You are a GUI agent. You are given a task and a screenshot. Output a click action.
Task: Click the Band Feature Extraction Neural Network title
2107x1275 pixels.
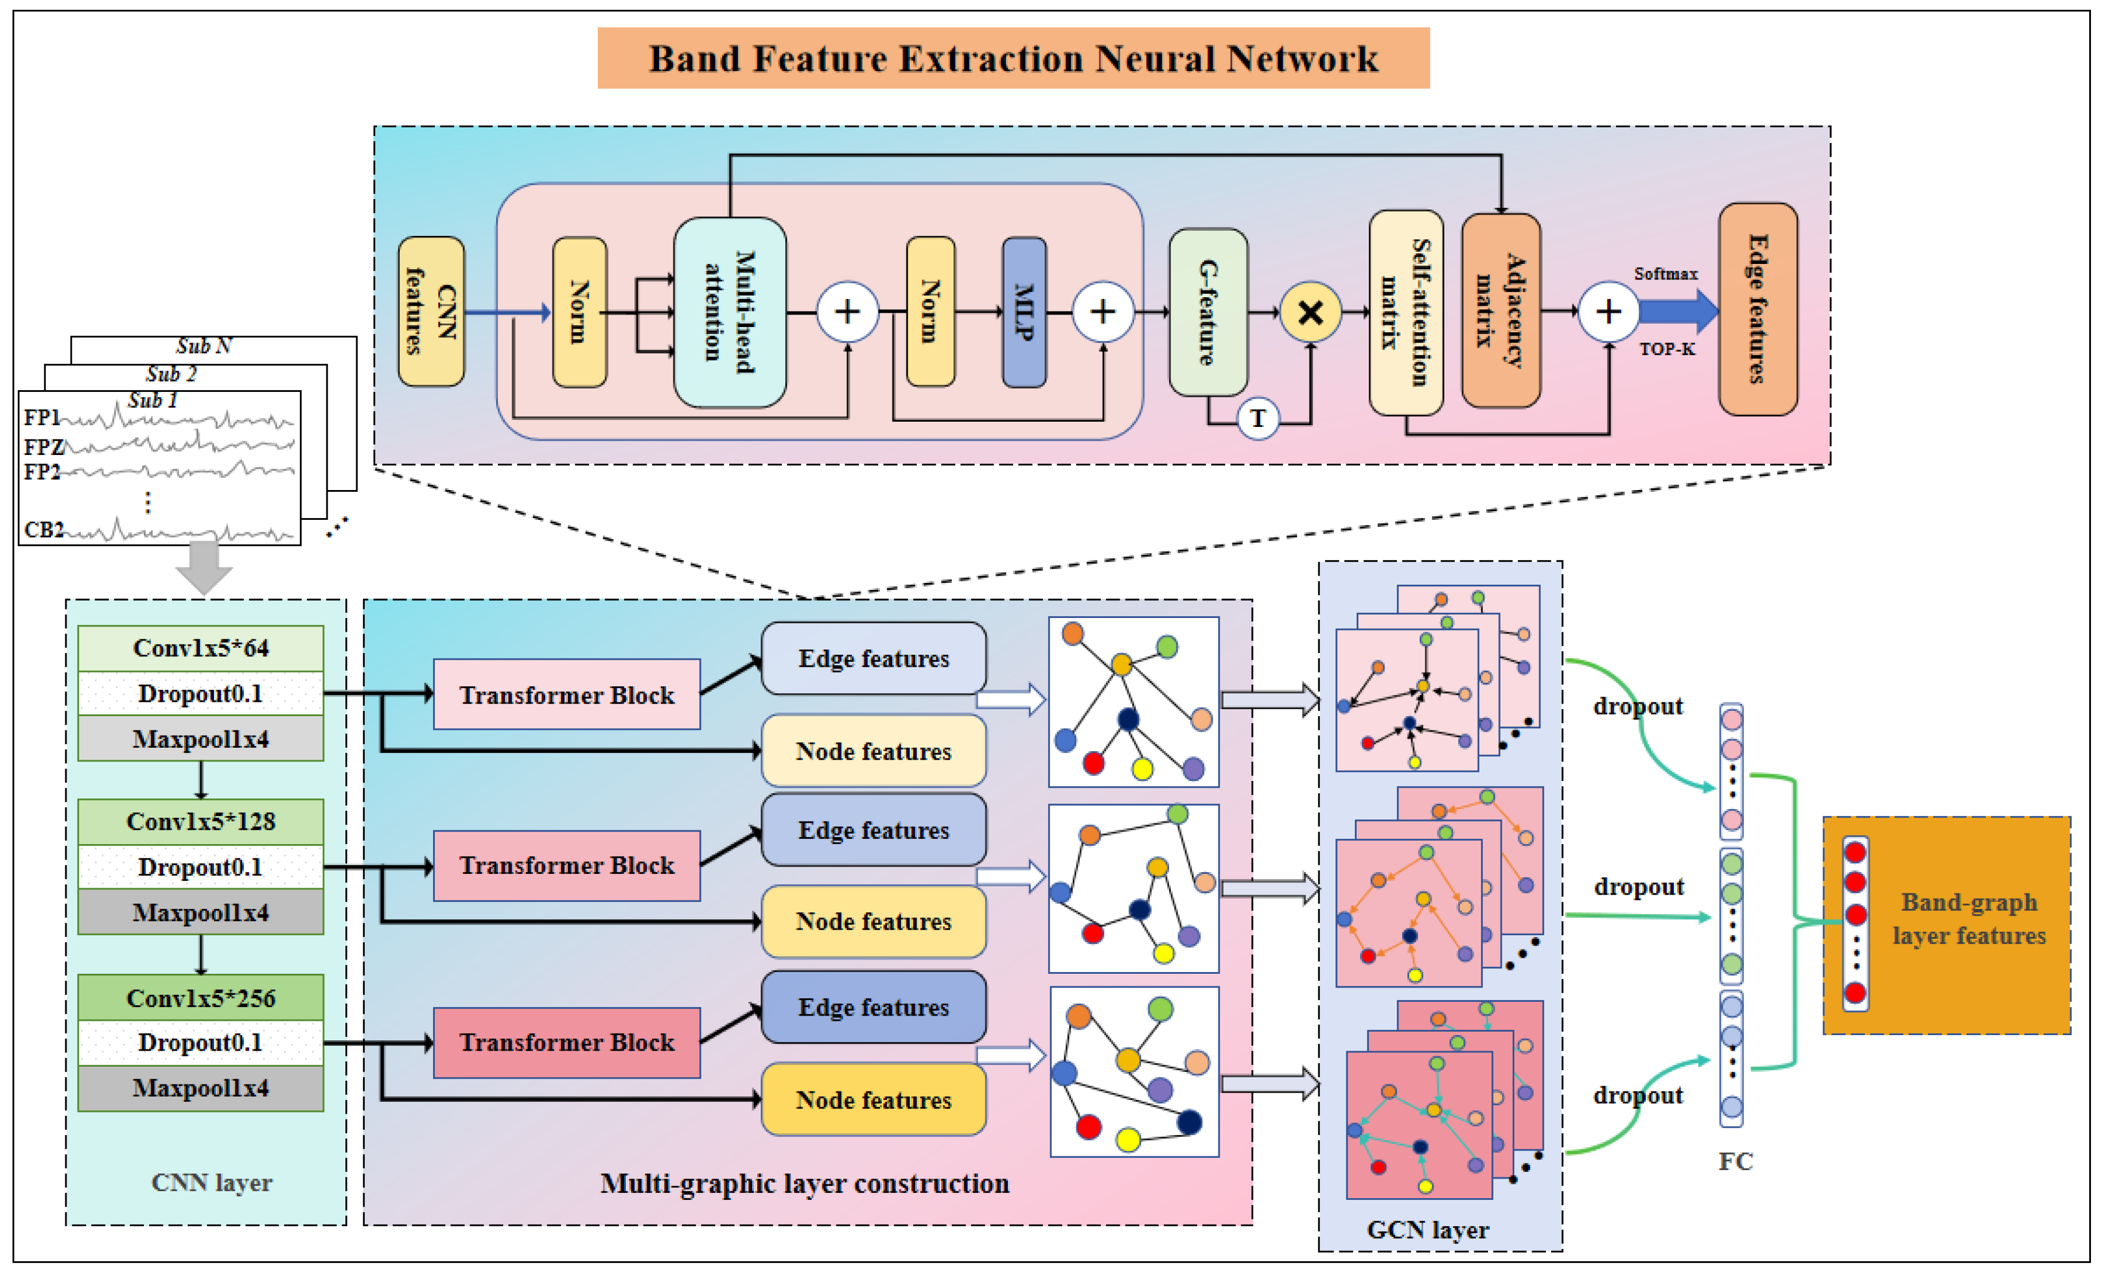click(x=1013, y=58)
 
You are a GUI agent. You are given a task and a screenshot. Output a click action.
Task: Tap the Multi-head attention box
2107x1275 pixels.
click(x=730, y=312)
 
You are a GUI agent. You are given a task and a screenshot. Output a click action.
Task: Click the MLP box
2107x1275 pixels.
click(x=1023, y=312)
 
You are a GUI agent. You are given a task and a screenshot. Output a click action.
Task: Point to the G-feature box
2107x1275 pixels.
click(x=1208, y=312)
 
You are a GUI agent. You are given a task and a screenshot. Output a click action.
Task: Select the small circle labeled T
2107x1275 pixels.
click(x=1257, y=418)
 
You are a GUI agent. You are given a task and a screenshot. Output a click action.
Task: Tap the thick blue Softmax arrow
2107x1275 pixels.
click(x=1676, y=311)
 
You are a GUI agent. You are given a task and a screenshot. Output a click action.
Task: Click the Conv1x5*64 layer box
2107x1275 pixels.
click(x=200, y=648)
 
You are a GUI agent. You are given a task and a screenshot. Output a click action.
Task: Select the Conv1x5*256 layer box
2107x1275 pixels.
click(x=200, y=997)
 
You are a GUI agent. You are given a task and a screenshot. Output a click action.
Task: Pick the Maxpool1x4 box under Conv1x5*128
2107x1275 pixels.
click(x=200, y=912)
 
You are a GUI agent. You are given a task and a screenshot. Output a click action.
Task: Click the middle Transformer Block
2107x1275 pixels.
click(x=566, y=865)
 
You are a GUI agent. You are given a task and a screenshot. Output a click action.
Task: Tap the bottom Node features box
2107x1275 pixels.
click(x=873, y=1099)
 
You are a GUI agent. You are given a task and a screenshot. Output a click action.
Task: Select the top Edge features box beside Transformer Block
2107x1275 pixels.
click(x=873, y=659)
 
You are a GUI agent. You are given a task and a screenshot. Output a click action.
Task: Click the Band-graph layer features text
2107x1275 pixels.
click(x=1969, y=919)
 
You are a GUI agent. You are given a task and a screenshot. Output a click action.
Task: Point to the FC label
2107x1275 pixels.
click(x=1735, y=1160)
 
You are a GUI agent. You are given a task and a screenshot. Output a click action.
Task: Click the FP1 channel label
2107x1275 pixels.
click(x=41, y=417)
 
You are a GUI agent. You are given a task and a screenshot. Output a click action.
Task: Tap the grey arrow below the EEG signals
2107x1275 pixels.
click(x=204, y=567)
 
